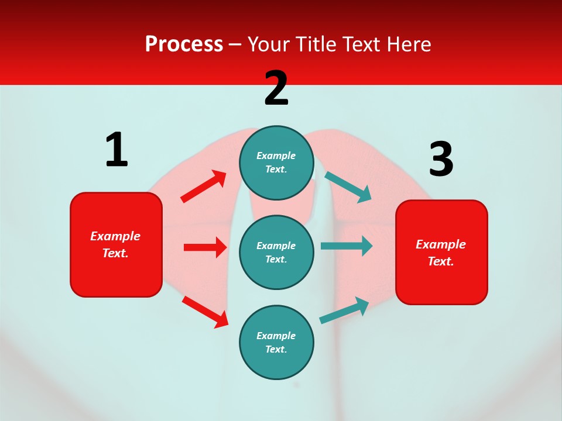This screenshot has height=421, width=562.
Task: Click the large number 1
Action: [116, 150]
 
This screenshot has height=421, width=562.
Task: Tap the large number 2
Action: [276, 88]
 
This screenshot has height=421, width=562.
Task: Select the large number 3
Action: [441, 159]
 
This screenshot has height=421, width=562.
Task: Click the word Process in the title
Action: [184, 44]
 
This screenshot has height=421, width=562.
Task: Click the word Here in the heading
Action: [409, 44]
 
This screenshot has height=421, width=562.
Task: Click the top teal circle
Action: [276, 163]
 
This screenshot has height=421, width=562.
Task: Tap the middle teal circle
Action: [276, 253]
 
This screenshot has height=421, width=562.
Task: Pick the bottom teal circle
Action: [276, 343]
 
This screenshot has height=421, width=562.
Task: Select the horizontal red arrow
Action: [205, 247]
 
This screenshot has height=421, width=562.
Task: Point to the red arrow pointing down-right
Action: [205, 311]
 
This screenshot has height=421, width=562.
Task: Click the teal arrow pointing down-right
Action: [348, 187]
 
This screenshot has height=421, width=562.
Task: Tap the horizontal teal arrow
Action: [347, 246]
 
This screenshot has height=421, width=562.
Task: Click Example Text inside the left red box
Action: [115, 244]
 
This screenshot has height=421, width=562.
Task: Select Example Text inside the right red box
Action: [441, 253]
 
